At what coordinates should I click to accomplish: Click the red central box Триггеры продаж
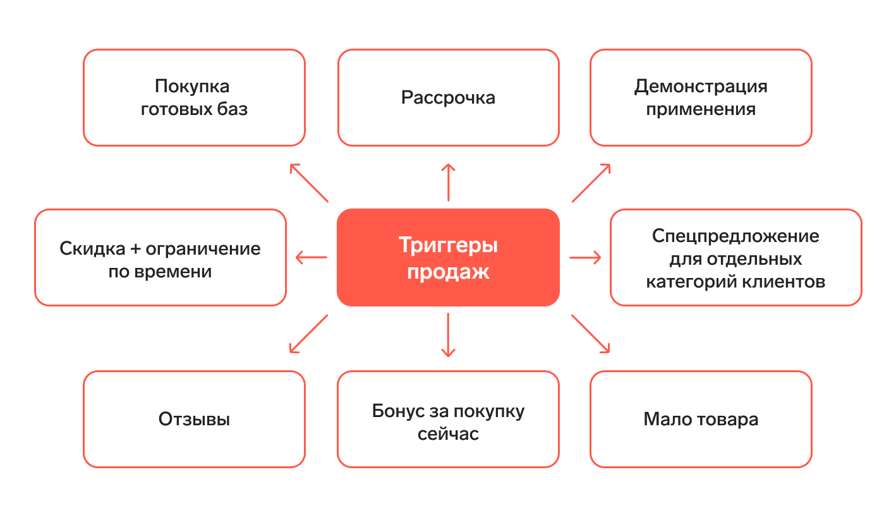click(x=448, y=257)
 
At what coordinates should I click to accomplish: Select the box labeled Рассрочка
click(x=448, y=98)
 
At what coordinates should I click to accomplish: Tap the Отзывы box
click(x=194, y=419)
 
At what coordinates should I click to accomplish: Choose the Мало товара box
click(x=701, y=419)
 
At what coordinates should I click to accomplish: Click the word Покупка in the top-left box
click(x=192, y=86)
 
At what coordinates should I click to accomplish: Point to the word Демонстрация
click(x=701, y=86)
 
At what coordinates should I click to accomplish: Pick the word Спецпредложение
click(x=736, y=236)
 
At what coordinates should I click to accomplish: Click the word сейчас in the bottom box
click(x=448, y=435)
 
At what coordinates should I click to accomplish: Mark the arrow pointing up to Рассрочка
click(x=448, y=183)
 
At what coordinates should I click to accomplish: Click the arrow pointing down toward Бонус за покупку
click(x=448, y=335)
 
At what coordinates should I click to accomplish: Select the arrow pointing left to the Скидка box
click(x=312, y=257)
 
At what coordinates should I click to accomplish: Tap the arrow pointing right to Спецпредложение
click(x=584, y=257)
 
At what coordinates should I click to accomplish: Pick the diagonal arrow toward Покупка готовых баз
click(x=309, y=183)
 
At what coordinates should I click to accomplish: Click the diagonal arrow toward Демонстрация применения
click(x=591, y=183)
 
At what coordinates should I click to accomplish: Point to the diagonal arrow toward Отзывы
click(x=308, y=333)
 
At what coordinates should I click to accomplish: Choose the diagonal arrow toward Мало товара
click(x=591, y=333)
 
